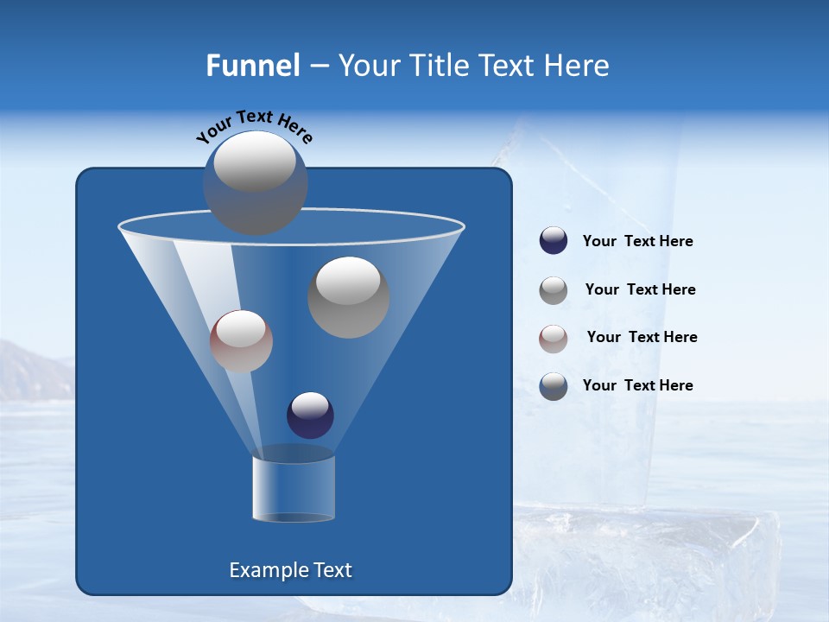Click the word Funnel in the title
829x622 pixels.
pyautogui.click(x=252, y=66)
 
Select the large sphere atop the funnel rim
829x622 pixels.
pyautogui.click(x=256, y=182)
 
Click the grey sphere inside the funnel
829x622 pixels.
pyautogui.click(x=349, y=297)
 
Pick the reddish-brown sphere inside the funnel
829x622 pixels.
pyautogui.click(x=241, y=341)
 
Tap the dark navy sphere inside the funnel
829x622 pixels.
pyautogui.click(x=310, y=416)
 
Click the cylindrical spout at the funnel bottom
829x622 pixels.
pyautogui.click(x=294, y=488)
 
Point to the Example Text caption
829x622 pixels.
pyautogui.click(x=290, y=570)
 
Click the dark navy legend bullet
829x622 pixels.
pyautogui.click(x=554, y=241)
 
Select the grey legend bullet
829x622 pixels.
pyautogui.click(x=554, y=290)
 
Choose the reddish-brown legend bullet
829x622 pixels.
pyautogui.click(x=554, y=339)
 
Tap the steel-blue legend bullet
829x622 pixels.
pyautogui.click(x=554, y=386)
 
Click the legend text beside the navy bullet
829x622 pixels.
pyautogui.click(x=637, y=242)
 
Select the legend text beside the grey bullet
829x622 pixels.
pyautogui.click(x=640, y=290)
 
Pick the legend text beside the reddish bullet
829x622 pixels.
pyautogui.click(x=642, y=338)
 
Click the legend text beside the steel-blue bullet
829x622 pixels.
pyautogui.click(x=637, y=385)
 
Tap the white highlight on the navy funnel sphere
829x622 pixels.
pyautogui.click(x=310, y=404)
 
